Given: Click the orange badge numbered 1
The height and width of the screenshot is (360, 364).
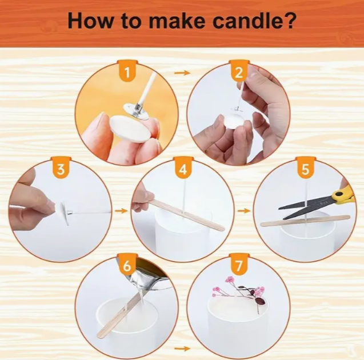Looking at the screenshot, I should pyautogui.click(x=129, y=72).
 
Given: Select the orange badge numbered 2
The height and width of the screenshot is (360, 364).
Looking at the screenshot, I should pyautogui.click(x=240, y=72).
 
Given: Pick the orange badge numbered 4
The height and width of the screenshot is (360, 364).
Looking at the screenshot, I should pyautogui.click(x=183, y=170).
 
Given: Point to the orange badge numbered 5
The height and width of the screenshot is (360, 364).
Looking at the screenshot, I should pyautogui.click(x=305, y=170).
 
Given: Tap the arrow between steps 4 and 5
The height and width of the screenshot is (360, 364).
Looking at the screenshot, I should pyautogui.click(x=244, y=211).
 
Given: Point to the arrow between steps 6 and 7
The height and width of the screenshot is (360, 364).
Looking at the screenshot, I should pyautogui.click(x=182, y=348).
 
